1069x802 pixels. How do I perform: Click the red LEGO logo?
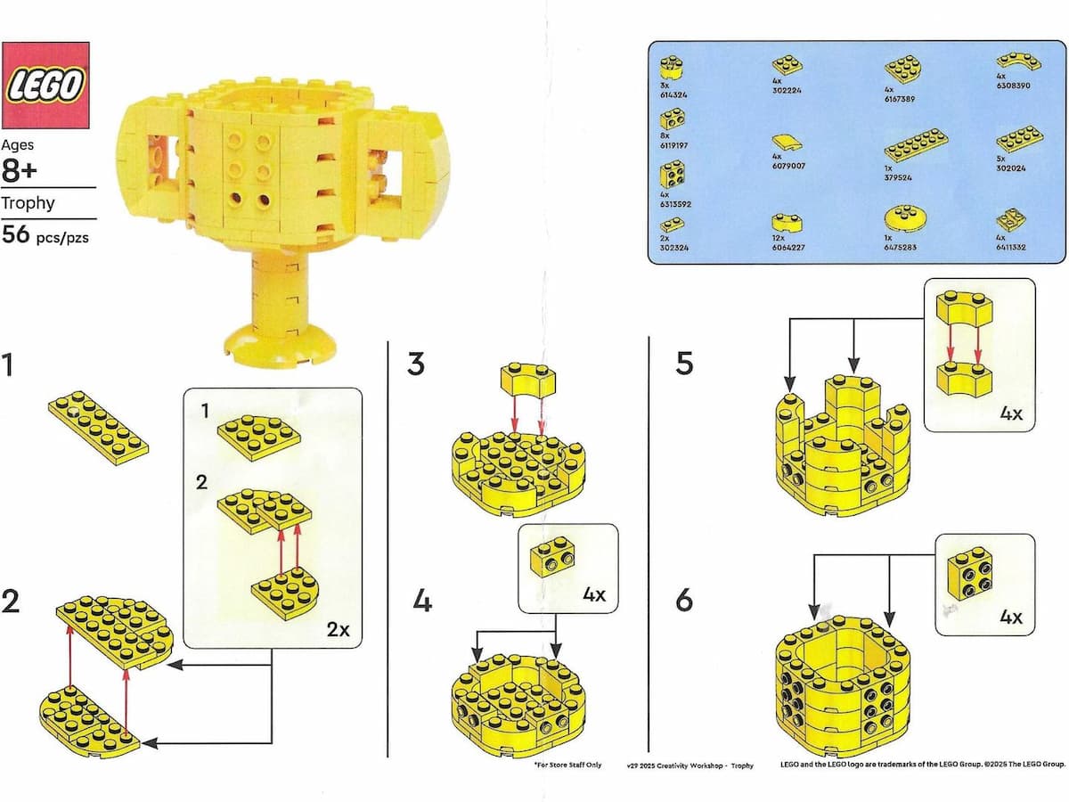coord(45,85)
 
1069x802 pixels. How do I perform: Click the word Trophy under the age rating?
coord(28,203)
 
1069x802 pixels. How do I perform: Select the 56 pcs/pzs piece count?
coord(45,236)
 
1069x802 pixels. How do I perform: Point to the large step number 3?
coord(416,364)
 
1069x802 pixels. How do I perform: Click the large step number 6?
coord(683,601)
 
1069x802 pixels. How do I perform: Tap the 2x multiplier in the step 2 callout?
coord(338,629)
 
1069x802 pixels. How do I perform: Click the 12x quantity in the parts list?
coord(779,238)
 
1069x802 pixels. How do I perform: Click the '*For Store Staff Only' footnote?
coord(567,765)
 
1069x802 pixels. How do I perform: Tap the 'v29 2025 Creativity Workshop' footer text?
coord(677,765)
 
